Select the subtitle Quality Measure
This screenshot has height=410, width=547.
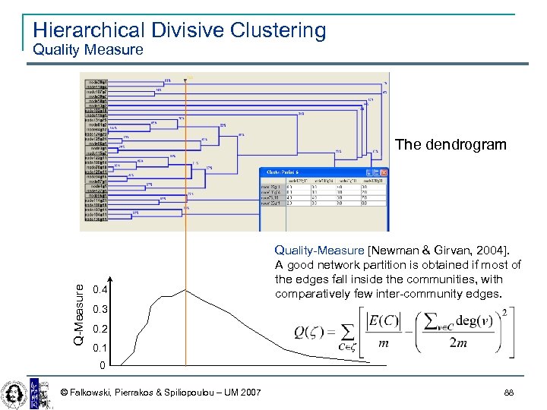[87, 50]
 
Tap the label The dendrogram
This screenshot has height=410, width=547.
[451, 144]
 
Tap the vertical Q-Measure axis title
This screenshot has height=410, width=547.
[80, 311]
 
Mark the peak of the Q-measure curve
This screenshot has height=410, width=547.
[186, 289]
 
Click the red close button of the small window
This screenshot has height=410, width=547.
[383, 173]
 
